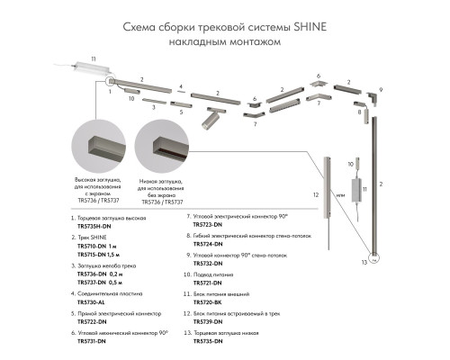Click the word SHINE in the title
(x=301, y=26)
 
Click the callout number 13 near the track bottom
(x=364, y=263)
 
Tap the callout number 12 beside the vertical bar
(x=314, y=194)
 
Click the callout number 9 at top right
(x=381, y=90)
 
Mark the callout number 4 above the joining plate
(x=180, y=87)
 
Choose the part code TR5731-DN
(x=92, y=340)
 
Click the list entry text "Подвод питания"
(x=216, y=274)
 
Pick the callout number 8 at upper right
(x=358, y=103)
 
